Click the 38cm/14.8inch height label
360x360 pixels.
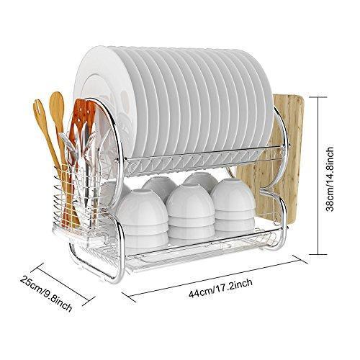(330, 179)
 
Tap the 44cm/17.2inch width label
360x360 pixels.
(220, 288)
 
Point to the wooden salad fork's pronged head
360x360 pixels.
(39, 110)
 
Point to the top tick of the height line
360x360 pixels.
(318, 97)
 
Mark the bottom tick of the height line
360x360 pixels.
(318, 254)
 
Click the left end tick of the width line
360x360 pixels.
(129, 297)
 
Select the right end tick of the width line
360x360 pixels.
(300, 259)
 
